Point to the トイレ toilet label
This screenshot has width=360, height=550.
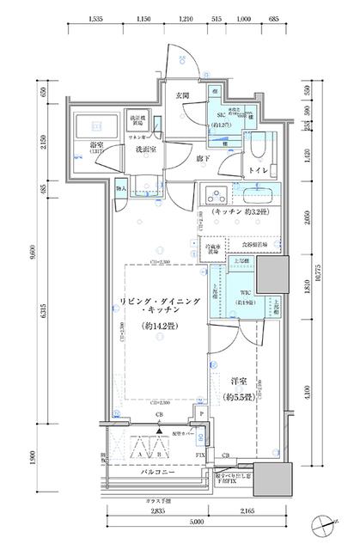(257, 171)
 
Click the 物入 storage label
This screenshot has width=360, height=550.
(121, 187)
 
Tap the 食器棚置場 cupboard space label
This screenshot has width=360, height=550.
(253, 245)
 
